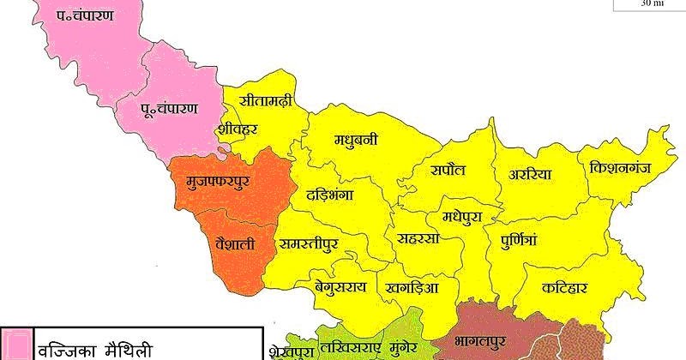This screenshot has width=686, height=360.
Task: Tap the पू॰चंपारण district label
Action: click(169, 109)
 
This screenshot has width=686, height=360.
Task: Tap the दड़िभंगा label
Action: click(330, 195)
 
